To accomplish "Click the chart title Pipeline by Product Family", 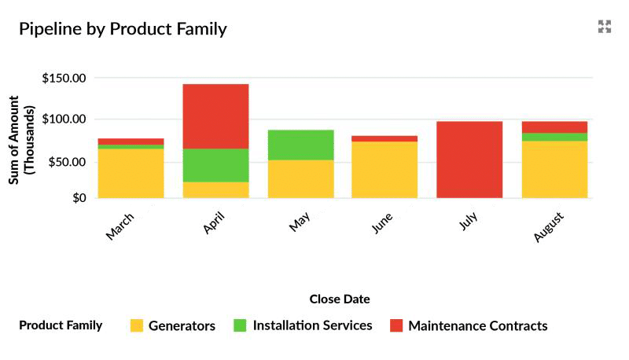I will (x=123, y=29).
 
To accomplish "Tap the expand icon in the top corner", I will (x=604, y=27).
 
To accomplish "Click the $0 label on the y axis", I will (x=79, y=198).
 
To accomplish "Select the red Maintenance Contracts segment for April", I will (x=215, y=116).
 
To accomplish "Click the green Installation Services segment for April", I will (x=215, y=165).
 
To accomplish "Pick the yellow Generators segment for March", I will (x=131, y=173).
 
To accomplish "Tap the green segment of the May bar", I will (x=300, y=145).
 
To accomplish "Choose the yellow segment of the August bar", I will (x=554, y=169).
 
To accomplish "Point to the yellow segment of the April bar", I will (x=215, y=189).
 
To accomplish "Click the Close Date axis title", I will (x=340, y=299).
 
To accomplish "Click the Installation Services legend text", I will (x=312, y=325).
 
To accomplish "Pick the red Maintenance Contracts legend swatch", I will (x=396, y=325).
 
